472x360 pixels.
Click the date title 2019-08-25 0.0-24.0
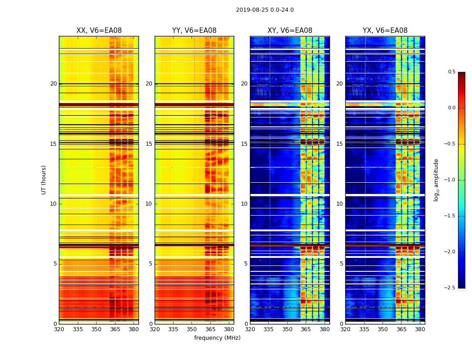click(x=265, y=10)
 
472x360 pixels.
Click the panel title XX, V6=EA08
click(x=99, y=31)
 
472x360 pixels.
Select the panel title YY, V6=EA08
click(x=194, y=31)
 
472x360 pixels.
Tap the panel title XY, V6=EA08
click(x=290, y=31)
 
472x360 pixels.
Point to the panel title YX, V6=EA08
click(x=385, y=31)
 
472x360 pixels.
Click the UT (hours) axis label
click(x=44, y=180)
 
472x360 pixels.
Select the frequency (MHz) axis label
click(x=217, y=338)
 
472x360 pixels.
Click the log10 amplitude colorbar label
click(x=436, y=180)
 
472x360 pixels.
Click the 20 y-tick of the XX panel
click(x=53, y=84)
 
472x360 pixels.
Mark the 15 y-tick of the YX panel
click(x=340, y=144)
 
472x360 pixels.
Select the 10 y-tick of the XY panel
click(x=244, y=204)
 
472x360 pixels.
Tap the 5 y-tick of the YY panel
click(x=150, y=264)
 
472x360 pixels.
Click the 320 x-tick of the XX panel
click(x=59, y=330)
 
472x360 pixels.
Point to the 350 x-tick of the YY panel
click(x=192, y=330)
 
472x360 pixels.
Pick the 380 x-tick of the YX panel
click(x=420, y=330)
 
